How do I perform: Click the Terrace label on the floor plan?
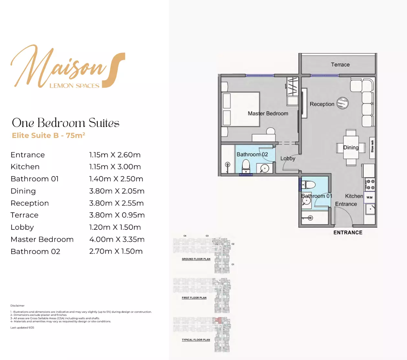[x=340, y=65]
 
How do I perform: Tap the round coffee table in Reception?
[x=343, y=103]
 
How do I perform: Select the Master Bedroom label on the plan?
[x=268, y=113]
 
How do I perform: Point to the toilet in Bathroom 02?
[x=246, y=165]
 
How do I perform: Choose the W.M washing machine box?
[x=369, y=197]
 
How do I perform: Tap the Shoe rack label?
[x=372, y=146]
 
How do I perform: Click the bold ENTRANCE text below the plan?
[x=348, y=232]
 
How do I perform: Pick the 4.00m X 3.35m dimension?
[x=117, y=239]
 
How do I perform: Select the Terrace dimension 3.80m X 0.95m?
[x=117, y=215]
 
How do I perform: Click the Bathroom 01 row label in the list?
[x=35, y=179]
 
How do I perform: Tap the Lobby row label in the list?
[x=22, y=228]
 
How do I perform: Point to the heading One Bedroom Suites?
[x=66, y=123]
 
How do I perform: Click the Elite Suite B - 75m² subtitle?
[x=49, y=135]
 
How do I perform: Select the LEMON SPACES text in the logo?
[x=74, y=86]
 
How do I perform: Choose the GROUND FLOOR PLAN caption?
[x=196, y=259]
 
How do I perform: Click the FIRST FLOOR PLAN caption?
[x=194, y=298]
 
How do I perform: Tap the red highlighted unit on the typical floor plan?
[x=218, y=321]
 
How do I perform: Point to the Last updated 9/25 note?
[x=22, y=328]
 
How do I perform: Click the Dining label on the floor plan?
[x=351, y=147]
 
